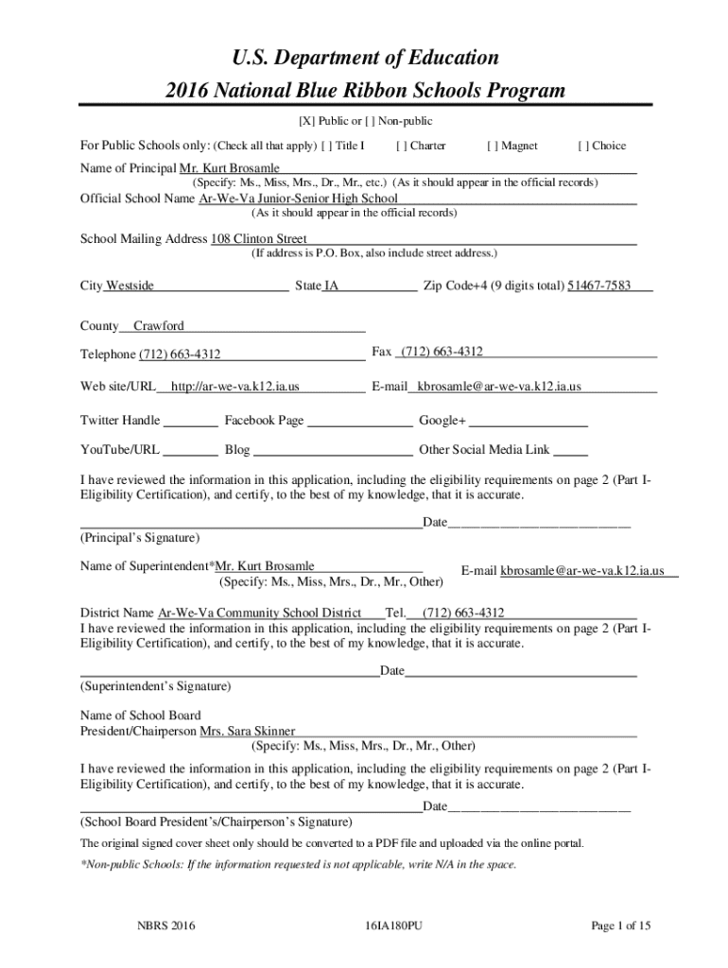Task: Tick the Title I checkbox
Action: click(x=327, y=146)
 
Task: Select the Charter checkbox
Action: click(x=403, y=146)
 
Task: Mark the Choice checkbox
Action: click(x=584, y=146)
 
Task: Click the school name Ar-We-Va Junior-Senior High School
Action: click(x=298, y=199)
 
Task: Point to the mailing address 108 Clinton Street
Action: click(x=258, y=239)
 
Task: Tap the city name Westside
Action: click(x=130, y=285)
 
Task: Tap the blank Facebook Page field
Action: click(x=360, y=422)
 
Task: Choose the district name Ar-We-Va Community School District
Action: click(x=260, y=612)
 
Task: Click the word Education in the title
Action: click(x=443, y=59)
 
